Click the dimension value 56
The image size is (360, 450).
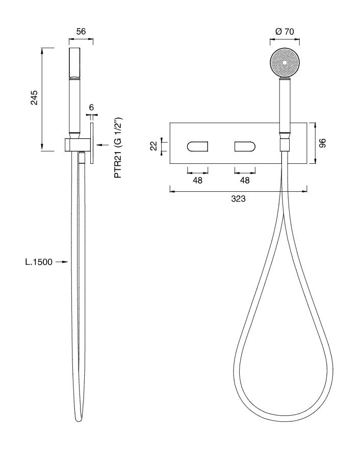click(81, 31)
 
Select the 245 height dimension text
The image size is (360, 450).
click(35, 97)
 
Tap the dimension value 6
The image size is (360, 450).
click(91, 107)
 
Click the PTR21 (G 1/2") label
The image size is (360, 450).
click(118, 147)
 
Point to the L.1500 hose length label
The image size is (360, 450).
click(39, 262)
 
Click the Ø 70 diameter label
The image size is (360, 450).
click(285, 31)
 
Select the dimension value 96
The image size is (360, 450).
click(323, 143)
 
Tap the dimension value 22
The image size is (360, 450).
click(154, 146)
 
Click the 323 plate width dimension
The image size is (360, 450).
click(238, 198)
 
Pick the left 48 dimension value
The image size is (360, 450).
click(198, 180)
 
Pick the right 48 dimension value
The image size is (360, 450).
click(245, 180)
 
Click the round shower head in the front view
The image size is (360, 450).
click(285, 62)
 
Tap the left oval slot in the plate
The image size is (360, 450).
click(197, 146)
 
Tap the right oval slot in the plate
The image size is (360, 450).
click(245, 146)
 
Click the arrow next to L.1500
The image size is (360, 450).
click(61, 262)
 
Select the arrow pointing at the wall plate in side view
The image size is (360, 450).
click(102, 145)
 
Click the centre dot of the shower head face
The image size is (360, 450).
click(285, 62)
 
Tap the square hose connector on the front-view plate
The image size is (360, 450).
click(285, 145)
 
